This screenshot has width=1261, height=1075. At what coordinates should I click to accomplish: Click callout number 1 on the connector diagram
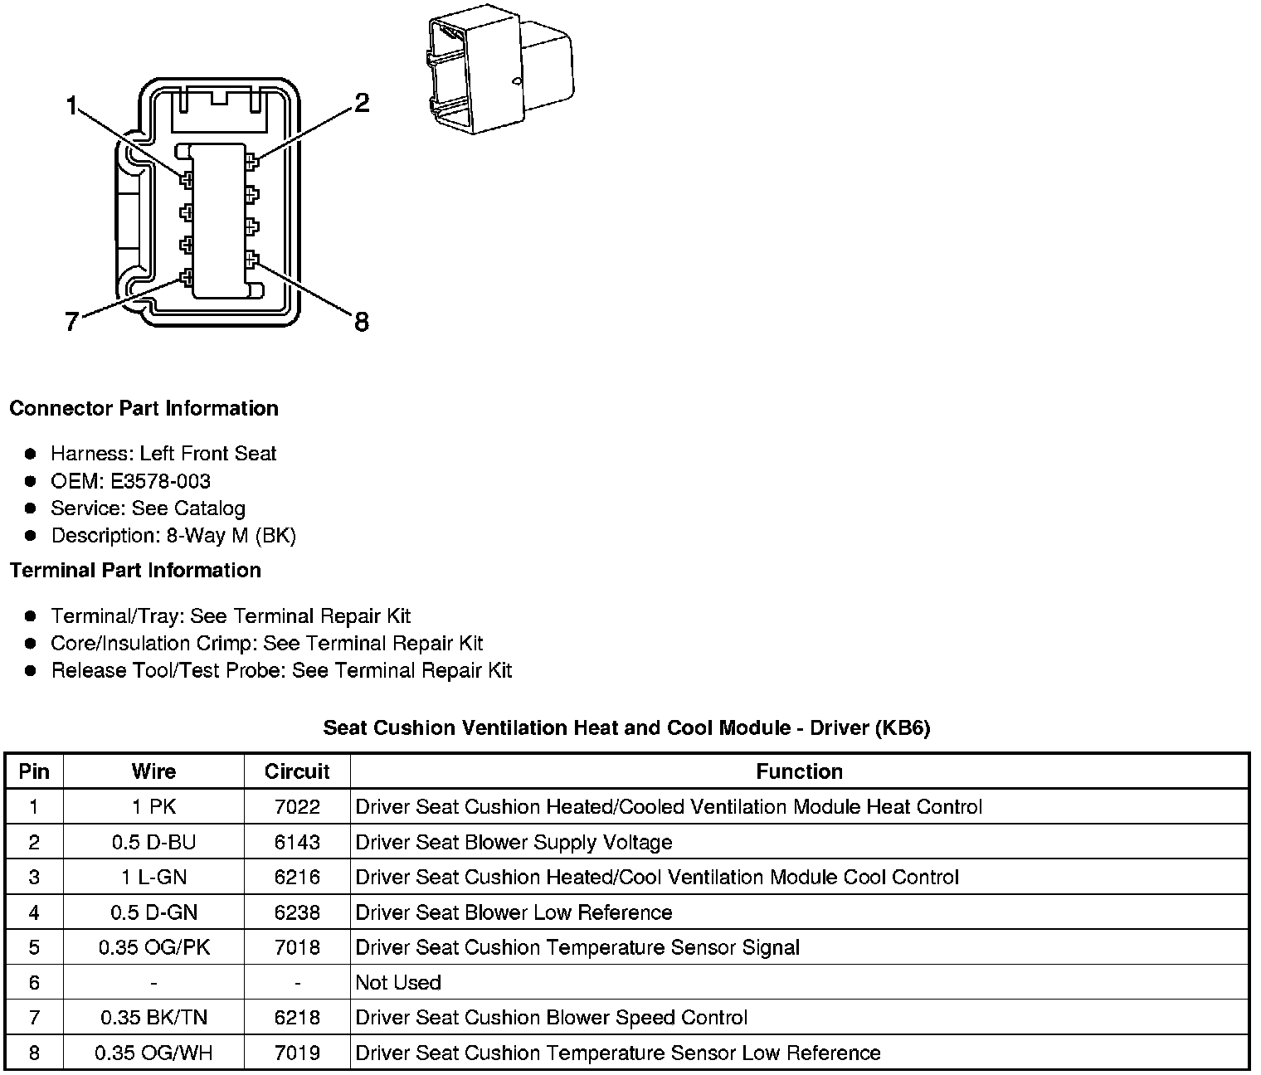(x=71, y=106)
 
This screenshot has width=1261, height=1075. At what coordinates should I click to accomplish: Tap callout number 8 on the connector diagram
(x=361, y=322)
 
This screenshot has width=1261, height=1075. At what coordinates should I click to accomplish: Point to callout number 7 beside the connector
(x=71, y=322)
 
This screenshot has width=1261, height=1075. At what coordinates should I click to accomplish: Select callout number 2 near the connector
(x=361, y=104)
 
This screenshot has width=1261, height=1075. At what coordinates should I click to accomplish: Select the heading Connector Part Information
(x=144, y=408)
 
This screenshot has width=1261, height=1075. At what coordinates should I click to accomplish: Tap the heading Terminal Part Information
(x=135, y=570)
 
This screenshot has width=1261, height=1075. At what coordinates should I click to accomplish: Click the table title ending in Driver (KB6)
(x=626, y=727)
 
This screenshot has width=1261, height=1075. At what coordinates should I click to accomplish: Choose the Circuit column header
(x=297, y=771)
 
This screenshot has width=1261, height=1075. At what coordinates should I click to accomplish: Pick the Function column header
(x=799, y=771)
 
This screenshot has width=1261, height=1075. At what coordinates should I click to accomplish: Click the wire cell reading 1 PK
(x=153, y=806)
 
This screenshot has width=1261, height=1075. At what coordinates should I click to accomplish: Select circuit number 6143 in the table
(x=297, y=842)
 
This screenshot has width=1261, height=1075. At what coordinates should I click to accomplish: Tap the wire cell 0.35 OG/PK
(x=153, y=947)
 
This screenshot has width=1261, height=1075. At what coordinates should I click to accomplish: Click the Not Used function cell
(x=398, y=982)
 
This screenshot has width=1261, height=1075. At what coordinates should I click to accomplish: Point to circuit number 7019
(x=297, y=1053)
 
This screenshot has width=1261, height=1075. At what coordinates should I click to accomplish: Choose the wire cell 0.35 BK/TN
(x=153, y=1017)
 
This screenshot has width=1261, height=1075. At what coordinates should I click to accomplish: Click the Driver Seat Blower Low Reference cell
(x=514, y=912)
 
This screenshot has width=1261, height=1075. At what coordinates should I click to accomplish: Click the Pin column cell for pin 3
(x=34, y=877)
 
